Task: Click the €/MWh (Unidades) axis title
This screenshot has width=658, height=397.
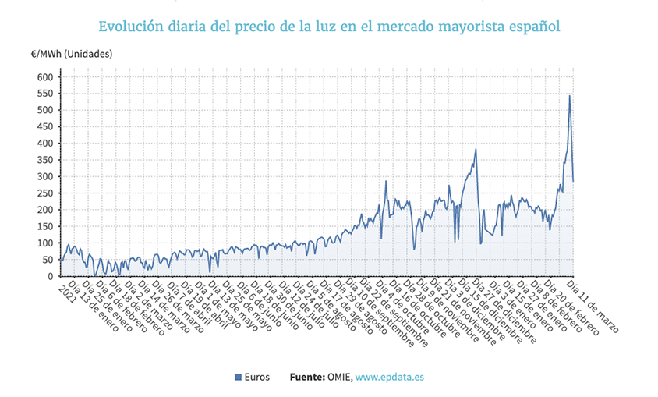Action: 72,53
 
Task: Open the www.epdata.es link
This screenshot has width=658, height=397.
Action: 389,378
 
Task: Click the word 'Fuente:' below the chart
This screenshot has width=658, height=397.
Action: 307,378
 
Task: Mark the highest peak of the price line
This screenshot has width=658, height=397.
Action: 570,96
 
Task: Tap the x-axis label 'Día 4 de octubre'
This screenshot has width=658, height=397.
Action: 405,308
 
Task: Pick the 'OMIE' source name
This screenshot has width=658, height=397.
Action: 339,378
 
